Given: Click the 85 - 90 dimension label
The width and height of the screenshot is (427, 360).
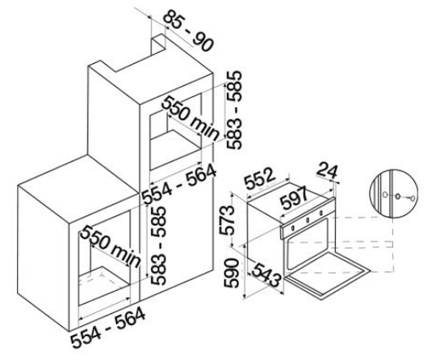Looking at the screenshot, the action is pyautogui.click(x=189, y=31).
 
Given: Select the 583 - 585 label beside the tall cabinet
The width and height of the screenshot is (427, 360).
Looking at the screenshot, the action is pyautogui.click(x=235, y=110).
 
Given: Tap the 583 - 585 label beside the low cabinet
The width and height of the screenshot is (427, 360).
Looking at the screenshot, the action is pyautogui.click(x=158, y=246).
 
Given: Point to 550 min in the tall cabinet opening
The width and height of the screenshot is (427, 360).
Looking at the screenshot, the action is pyautogui.click(x=190, y=119).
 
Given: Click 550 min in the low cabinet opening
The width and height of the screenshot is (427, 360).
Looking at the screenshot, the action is pyautogui.click(x=111, y=247).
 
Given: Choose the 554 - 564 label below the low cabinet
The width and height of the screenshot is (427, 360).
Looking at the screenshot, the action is pyautogui.click(x=108, y=328).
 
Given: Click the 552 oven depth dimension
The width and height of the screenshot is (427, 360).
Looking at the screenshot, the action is pyautogui.click(x=260, y=178).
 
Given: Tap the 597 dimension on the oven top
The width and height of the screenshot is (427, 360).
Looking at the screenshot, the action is pyautogui.click(x=294, y=197).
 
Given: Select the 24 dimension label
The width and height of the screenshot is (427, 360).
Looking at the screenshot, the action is pyautogui.click(x=327, y=171).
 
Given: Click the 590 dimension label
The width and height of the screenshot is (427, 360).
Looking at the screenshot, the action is pyautogui.click(x=231, y=273).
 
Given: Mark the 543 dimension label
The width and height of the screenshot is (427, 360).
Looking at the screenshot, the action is pyautogui.click(x=266, y=275).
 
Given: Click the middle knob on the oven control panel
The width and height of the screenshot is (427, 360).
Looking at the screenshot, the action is pyautogui.click(x=307, y=220).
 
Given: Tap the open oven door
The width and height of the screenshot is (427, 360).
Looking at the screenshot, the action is pyautogui.click(x=327, y=275).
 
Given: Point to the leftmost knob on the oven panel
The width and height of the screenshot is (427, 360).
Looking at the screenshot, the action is pyautogui.click(x=292, y=228).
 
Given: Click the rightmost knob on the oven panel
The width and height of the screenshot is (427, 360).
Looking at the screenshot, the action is pyautogui.click(x=321, y=212).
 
